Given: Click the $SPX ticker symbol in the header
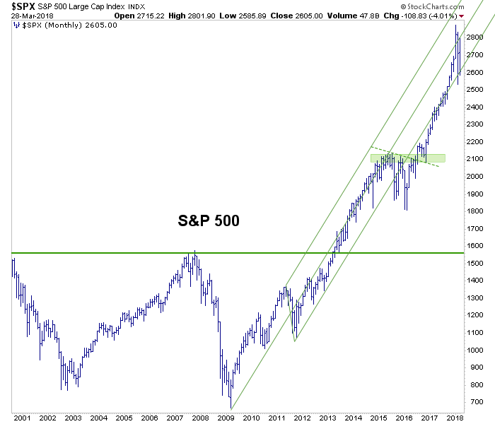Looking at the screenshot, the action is point(23,6).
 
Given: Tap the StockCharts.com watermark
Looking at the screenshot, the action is point(432,6).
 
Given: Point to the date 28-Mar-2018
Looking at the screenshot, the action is point(33,16).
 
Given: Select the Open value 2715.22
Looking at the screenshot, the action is point(151,16).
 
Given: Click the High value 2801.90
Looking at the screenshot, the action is point(202,16).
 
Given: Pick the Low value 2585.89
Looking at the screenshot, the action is point(252,16).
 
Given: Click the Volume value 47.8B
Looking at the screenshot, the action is point(369,16).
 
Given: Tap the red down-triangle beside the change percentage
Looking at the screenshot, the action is point(462,16).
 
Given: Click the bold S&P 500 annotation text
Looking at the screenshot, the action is point(209,220).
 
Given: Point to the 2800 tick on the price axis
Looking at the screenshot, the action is point(474,37).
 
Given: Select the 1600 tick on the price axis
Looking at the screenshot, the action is point(474,246).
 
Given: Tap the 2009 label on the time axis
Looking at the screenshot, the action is point(226,418).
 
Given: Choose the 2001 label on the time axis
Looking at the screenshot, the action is point(22,418).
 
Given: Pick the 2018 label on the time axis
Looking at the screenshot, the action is point(455,418).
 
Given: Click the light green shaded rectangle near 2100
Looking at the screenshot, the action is point(408,158).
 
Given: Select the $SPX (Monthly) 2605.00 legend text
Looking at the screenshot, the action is point(65,25).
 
